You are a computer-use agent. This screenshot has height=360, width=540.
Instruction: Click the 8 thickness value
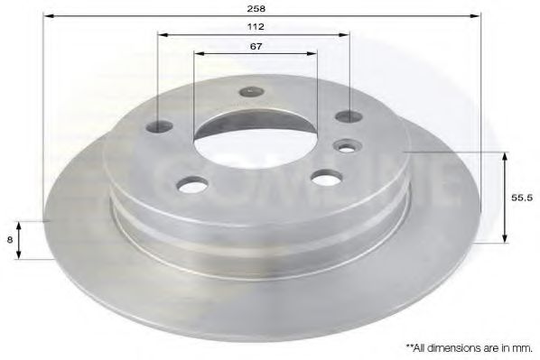tap(9, 239)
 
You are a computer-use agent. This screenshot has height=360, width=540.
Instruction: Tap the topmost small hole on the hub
tap(251, 90)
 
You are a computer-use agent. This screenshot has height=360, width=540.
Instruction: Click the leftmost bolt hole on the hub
tap(163, 126)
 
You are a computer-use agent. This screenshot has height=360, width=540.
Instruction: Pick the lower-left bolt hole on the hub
tap(191, 186)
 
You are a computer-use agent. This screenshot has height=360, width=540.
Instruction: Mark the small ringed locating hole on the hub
tap(346, 145)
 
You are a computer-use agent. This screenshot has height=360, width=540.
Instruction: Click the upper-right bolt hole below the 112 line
tap(348, 115)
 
